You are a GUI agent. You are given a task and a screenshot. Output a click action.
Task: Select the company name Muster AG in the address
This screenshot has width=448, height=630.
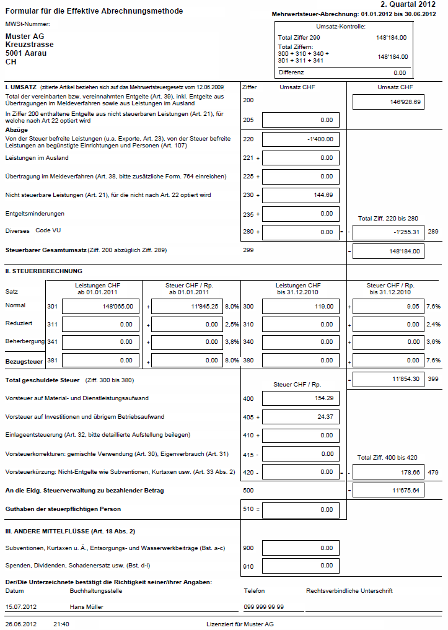pos(25,37)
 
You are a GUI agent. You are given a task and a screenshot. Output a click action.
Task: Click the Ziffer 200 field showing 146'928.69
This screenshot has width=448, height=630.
pos(389,102)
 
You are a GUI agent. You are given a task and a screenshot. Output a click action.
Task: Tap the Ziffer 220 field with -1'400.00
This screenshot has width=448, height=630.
pos(301,139)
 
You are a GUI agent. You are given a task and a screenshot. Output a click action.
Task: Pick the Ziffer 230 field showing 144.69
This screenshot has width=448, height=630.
pos(301,195)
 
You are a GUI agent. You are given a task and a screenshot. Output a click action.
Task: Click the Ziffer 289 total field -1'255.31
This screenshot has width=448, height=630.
pos(389,232)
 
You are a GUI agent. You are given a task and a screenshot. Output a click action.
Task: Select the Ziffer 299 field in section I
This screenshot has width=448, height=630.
pos(389,251)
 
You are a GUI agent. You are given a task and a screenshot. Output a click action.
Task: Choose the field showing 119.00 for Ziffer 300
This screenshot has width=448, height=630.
pos(301,306)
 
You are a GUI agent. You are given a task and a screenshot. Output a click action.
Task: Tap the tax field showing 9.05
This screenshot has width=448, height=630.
pos(389,306)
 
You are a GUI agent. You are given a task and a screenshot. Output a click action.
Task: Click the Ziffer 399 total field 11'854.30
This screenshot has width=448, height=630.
pos(389,378)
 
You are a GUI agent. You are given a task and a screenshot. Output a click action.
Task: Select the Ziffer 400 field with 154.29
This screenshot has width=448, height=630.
pos(301,398)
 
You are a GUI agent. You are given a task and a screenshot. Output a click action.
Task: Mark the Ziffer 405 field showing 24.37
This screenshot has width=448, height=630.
pos(301,417)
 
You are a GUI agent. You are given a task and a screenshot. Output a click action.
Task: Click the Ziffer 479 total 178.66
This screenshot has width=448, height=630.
pos(389,472)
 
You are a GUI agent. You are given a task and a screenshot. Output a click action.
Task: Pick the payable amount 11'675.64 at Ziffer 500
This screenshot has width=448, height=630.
pos(389,491)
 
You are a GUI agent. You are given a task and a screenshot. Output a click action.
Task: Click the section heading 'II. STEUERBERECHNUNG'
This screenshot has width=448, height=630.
pos(43,271)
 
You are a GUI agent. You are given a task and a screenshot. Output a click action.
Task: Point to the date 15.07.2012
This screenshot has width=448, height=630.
pos(21,606)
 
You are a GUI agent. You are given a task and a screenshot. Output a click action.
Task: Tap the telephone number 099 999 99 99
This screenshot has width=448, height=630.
pos(264,606)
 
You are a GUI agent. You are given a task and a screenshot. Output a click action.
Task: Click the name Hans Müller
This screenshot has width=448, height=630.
pos(86,606)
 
